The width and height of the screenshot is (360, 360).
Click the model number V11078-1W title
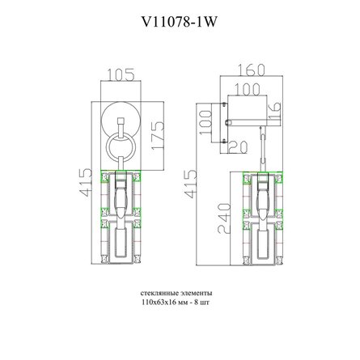[x=179, y=22]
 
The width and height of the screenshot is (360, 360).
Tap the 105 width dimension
[x=121, y=74]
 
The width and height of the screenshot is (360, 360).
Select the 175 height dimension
[x=157, y=136]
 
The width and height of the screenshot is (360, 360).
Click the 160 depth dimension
[x=252, y=70]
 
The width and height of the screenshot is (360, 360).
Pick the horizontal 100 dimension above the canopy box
[x=247, y=89]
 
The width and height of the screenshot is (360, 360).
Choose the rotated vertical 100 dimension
[x=205, y=122]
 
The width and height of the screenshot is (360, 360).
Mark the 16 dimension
[x=274, y=111]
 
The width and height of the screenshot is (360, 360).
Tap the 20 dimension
[x=238, y=147]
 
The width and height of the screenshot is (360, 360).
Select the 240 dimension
[x=225, y=218]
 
